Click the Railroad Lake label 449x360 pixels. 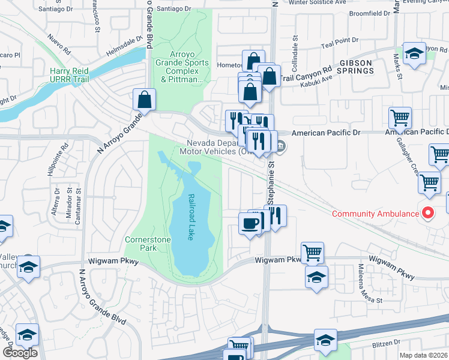tap(191, 217)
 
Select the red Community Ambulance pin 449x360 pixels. tap(427, 213)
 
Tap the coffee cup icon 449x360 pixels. tap(250, 223)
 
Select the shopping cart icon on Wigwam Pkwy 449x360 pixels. tap(312, 253)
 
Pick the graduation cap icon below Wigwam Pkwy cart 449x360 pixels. tap(316, 277)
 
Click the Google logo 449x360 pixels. tap(19, 353)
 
